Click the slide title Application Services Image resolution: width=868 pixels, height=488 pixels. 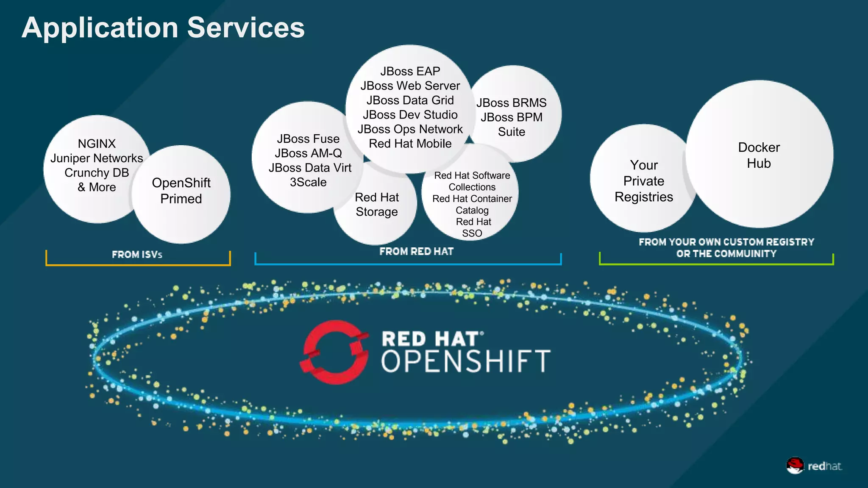click(163, 28)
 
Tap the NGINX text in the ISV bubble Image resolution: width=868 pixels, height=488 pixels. click(97, 144)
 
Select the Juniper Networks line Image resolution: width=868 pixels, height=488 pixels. click(97, 158)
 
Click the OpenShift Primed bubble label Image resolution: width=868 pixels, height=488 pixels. click(181, 191)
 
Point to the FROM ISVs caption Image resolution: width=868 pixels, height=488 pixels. click(137, 255)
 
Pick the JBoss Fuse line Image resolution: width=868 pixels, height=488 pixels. click(308, 139)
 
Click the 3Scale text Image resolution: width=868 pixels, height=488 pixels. click(308, 182)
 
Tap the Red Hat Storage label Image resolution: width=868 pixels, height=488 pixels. click(377, 204)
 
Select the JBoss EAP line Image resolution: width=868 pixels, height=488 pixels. click(410, 71)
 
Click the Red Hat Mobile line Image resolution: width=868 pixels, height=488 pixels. click(410, 144)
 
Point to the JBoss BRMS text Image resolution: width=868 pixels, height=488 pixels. click(511, 103)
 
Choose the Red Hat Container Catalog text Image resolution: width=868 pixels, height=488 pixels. click(472, 204)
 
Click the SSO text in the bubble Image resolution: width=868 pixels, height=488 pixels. click(472, 233)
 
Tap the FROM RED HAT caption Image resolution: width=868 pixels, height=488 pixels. click(416, 252)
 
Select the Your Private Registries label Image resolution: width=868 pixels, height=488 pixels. click(643, 181)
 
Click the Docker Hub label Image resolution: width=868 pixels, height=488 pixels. click(759, 155)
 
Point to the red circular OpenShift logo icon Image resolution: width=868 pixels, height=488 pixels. click(334, 352)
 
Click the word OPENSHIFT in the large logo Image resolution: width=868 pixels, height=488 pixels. click(465, 362)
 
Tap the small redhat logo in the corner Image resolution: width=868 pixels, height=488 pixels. click(814, 466)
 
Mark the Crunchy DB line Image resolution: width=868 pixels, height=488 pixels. click(97, 173)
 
